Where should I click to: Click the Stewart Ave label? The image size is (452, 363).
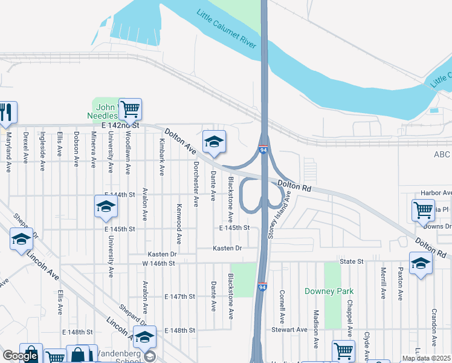tap(289, 330)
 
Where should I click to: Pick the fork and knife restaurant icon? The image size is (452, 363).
tap(7, 113)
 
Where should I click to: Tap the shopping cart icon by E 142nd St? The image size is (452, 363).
tap(130, 110)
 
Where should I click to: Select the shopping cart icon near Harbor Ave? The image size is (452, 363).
tap(423, 210)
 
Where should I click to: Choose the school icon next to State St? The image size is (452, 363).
tap(421, 263)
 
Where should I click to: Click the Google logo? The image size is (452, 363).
tap(19, 356)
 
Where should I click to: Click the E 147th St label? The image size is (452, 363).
tap(179, 297)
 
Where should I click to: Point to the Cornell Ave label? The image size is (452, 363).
tap(282, 306)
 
